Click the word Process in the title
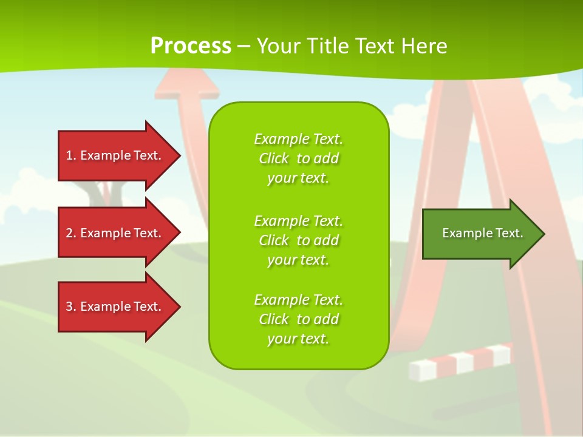(191, 46)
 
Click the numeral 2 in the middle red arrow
(69, 233)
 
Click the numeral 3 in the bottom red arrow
(69, 307)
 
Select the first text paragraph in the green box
(298, 158)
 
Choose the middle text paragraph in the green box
(298, 240)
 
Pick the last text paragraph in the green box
(298, 319)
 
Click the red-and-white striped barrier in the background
(460, 362)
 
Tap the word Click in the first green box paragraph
(274, 158)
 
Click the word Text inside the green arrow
(509, 233)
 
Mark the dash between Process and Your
(244, 46)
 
